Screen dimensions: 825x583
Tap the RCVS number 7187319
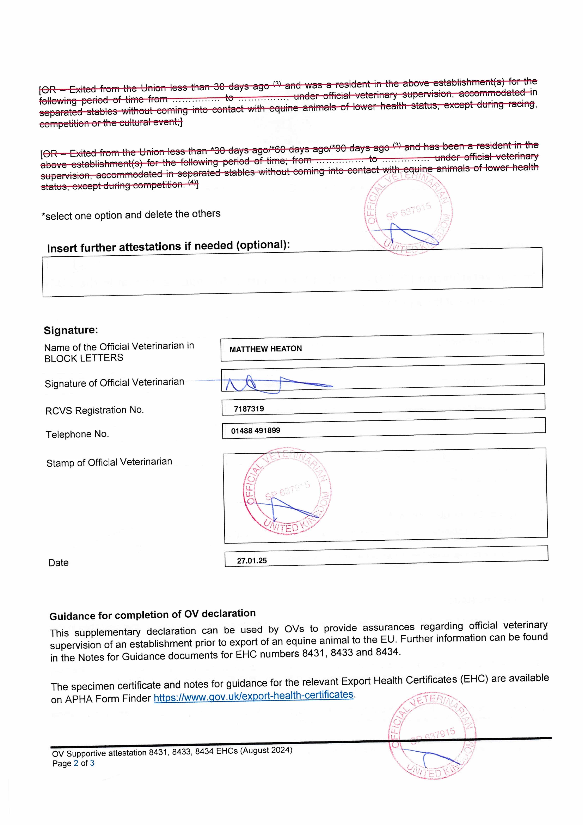coord(249,409)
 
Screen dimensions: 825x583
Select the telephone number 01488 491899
coord(256,430)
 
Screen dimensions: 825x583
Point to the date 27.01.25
coord(252,561)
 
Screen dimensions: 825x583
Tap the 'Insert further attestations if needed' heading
coord(168,247)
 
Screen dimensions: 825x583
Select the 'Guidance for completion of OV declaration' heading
coord(152,615)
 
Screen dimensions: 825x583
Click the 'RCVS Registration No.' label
coord(94,410)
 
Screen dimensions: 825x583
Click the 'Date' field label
coord(58,563)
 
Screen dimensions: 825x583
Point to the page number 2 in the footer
coord(76,763)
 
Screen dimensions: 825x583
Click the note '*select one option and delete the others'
coord(131,215)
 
